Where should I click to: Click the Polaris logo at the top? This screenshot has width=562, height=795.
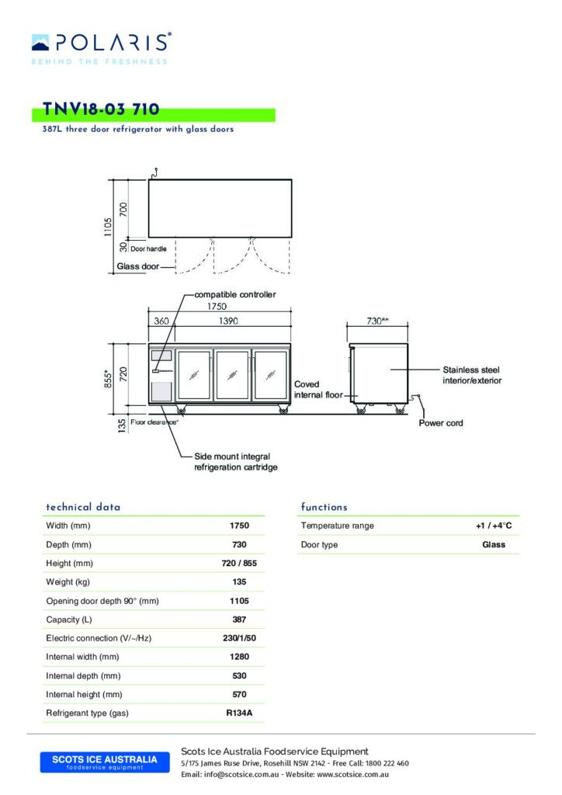tap(101, 43)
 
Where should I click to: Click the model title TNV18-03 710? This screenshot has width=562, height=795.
tap(102, 112)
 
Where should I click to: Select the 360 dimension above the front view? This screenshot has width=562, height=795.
tap(161, 321)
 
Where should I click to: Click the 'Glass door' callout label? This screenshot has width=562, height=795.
tap(138, 266)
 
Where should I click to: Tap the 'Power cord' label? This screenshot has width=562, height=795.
tap(442, 423)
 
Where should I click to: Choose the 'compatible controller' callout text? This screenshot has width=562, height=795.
tap(234, 295)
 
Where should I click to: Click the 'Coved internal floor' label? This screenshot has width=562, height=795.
tap(317, 390)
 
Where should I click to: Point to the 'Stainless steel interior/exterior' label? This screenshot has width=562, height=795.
tap(472, 375)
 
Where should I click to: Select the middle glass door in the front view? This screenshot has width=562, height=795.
tap(233, 375)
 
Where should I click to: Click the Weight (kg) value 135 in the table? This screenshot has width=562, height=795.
tap(239, 581)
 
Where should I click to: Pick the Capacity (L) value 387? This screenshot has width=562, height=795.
tap(239, 620)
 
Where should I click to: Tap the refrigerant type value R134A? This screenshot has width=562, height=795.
tap(239, 713)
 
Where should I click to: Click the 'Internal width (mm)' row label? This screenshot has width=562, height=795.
tap(82, 657)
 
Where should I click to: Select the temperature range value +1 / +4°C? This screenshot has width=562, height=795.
tap(494, 526)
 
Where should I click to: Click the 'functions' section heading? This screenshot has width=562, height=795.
tap(324, 507)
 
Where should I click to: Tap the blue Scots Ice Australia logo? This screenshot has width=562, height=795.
tap(104, 762)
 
